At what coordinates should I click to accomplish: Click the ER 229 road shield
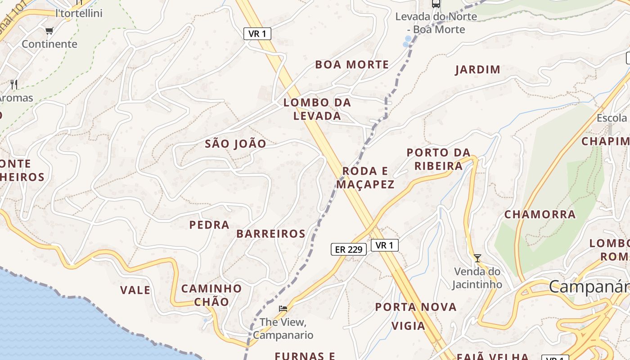(349, 249)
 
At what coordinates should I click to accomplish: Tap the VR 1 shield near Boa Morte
(257, 34)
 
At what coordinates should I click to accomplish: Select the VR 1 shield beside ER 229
(385, 245)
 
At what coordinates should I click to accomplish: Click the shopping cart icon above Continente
(49, 31)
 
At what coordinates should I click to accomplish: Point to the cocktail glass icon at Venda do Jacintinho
(477, 258)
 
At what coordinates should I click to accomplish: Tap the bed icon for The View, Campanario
(283, 309)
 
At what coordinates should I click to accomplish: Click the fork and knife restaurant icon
(14, 84)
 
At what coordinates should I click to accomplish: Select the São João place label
(235, 144)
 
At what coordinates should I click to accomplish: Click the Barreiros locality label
(271, 234)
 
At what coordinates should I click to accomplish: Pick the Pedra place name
(209, 225)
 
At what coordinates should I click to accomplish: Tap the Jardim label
(478, 70)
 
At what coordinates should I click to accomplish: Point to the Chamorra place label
(540, 215)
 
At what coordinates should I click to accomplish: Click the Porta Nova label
(416, 307)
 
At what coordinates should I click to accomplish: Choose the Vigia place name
(409, 326)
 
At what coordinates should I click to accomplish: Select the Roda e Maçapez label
(365, 178)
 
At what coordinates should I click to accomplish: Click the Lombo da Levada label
(317, 109)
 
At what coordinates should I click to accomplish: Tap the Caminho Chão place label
(211, 295)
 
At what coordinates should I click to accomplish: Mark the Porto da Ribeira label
(439, 159)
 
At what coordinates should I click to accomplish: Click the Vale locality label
(135, 290)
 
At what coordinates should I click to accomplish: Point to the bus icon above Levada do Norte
(436, 4)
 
